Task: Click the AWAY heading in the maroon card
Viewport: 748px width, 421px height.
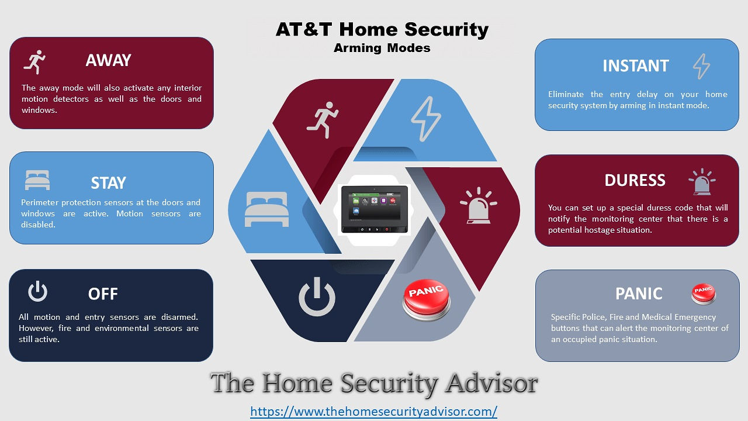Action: pyautogui.click(x=108, y=60)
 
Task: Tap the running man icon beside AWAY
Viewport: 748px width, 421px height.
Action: pyautogui.click(x=34, y=62)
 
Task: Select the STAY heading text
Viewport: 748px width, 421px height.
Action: pyautogui.click(x=108, y=183)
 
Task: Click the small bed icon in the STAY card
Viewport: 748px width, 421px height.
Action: pyautogui.click(x=37, y=180)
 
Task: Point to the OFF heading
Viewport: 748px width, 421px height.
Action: pyautogui.click(x=103, y=294)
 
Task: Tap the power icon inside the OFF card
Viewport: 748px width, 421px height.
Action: pyautogui.click(x=37, y=291)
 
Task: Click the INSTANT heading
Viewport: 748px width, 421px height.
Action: pyautogui.click(x=635, y=66)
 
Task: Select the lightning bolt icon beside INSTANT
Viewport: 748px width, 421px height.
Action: pyautogui.click(x=701, y=66)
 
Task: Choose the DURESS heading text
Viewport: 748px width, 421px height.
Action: pyautogui.click(x=635, y=181)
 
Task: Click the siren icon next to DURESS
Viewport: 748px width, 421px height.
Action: pyautogui.click(x=702, y=182)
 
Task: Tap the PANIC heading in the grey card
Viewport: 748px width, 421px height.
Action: pyautogui.click(x=639, y=294)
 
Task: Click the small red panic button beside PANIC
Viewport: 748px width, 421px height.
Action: pyautogui.click(x=703, y=294)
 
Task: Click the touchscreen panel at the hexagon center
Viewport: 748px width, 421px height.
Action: pyautogui.click(x=375, y=209)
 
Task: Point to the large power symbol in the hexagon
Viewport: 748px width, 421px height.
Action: pyautogui.click(x=317, y=297)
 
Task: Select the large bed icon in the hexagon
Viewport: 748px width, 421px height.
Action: pyautogui.click(x=266, y=209)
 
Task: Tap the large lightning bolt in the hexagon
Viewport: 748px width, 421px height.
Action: pyautogui.click(x=426, y=119)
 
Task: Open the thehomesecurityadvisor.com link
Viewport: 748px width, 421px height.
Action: pyautogui.click(x=373, y=411)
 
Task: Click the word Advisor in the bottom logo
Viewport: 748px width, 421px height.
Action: pyautogui.click(x=491, y=383)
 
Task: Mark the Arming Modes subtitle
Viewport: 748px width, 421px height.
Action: pyautogui.click(x=382, y=48)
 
